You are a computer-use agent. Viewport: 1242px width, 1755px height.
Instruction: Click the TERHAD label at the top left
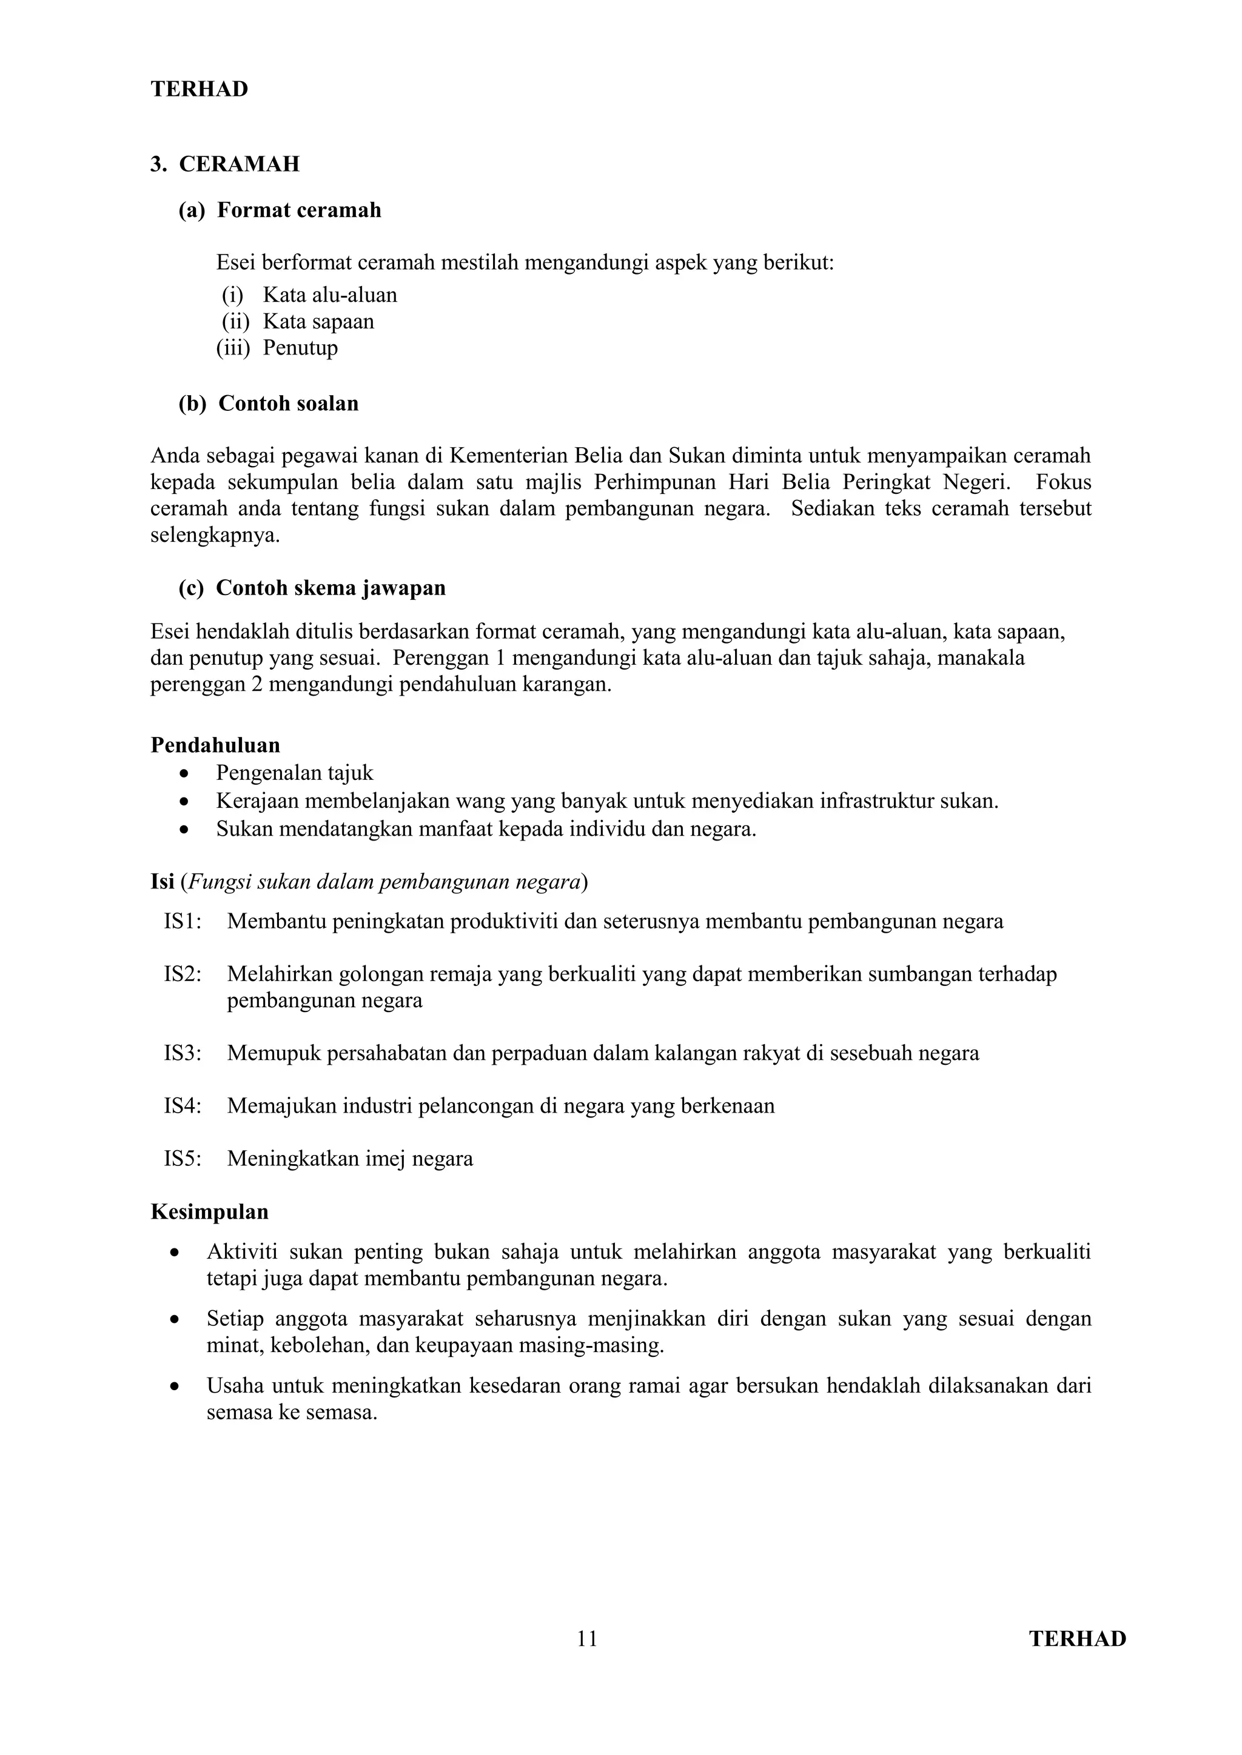[199, 90]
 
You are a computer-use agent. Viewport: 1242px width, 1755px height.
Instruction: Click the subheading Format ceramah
[298, 210]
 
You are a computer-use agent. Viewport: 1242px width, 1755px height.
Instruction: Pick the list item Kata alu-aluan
[330, 295]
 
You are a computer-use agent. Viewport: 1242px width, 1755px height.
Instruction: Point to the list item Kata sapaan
[318, 321]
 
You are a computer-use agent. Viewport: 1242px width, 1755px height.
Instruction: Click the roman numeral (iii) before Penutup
[232, 348]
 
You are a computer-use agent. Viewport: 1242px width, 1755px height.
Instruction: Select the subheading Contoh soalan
[287, 404]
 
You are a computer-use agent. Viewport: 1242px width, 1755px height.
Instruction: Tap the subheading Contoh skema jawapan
[331, 588]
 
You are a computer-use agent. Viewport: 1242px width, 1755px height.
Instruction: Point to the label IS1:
[183, 921]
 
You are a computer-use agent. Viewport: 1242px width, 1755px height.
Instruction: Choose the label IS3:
[183, 1053]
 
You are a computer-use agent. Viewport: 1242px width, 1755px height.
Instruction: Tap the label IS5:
[183, 1159]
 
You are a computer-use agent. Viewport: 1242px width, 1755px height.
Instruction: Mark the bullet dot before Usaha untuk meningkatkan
[175, 1386]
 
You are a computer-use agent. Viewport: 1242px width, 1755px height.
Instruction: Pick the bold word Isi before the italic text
[162, 882]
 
